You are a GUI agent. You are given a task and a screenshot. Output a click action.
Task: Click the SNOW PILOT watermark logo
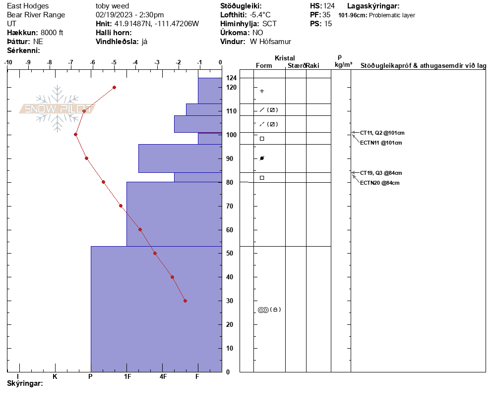[x=57, y=109]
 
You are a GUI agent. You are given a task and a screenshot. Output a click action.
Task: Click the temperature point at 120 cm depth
[x=114, y=87]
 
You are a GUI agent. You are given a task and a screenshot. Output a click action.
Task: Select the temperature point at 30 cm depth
[x=185, y=301]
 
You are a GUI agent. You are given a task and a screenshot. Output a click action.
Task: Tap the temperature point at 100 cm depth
[x=75, y=134]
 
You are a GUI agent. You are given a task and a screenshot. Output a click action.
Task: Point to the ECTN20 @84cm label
[x=379, y=183]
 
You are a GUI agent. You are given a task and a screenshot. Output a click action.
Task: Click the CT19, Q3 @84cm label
[x=381, y=173]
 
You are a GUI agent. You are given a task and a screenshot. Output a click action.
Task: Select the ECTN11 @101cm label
[x=380, y=143]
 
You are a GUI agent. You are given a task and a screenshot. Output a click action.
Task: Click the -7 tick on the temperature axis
[x=71, y=62]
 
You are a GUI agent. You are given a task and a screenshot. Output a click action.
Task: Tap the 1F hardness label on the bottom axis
[x=127, y=376]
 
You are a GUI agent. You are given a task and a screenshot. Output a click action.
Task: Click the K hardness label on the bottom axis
[x=55, y=376]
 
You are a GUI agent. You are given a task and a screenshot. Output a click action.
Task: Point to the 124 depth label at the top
[x=231, y=78]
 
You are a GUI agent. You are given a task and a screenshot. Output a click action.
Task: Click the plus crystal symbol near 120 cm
[x=262, y=91]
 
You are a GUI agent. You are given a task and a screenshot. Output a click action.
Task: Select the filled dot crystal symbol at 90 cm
[x=262, y=158]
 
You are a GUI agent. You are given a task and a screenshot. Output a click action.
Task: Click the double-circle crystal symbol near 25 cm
[x=263, y=310]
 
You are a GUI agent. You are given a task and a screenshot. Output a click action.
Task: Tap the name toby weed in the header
[x=112, y=6]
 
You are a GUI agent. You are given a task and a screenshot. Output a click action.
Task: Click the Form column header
[x=264, y=65]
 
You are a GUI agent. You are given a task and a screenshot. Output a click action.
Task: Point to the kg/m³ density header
[x=343, y=65]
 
